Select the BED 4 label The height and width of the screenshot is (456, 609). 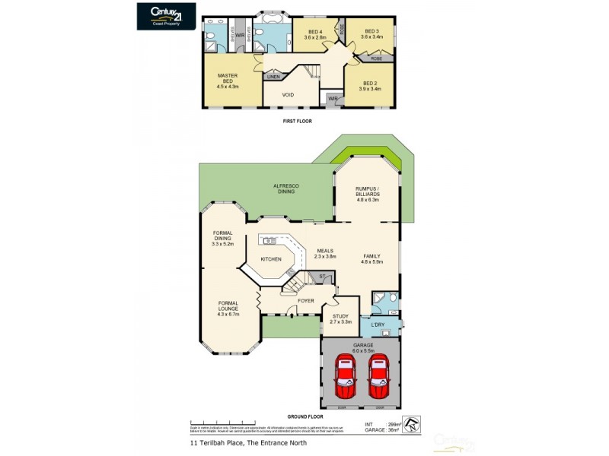[x=314, y=34]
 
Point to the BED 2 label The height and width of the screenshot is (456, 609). [x=369, y=86]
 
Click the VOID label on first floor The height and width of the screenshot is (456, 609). [x=288, y=95]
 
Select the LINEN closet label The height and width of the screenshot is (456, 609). [x=273, y=76]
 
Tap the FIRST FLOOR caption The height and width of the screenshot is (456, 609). [x=297, y=121]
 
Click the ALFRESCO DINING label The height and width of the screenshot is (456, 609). [x=286, y=189]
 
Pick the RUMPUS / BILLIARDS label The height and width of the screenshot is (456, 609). [x=368, y=191]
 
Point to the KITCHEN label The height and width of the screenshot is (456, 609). [x=271, y=259]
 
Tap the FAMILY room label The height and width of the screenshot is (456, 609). [x=371, y=258]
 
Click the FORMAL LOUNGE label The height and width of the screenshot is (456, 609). [x=228, y=307]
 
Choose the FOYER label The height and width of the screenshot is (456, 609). [x=306, y=301]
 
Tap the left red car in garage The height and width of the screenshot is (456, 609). [x=345, y=378]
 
